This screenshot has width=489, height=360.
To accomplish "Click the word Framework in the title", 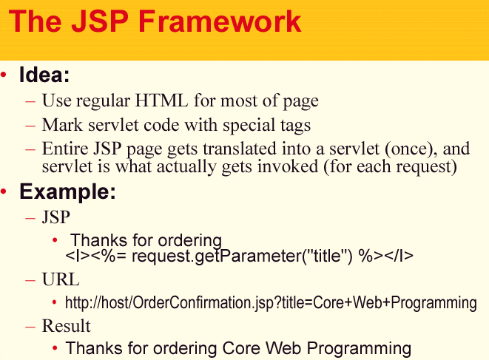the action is tap(220, 21).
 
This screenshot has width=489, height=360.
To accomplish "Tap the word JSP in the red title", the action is tap(100, 21).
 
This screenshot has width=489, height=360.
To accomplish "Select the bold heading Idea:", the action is tap(44, 75).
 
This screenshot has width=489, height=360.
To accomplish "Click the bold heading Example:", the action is tap(67, 191).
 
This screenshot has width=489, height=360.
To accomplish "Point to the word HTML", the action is tap(161, 101).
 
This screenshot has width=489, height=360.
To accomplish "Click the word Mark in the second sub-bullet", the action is tap(62, 125).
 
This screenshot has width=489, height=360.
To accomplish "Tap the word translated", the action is tap(240, 149).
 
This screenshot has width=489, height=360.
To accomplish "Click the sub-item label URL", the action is tap(61, 279).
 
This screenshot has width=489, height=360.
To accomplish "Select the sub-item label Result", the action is tap(66, 326).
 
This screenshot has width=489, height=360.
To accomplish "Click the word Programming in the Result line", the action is tap(359, 348).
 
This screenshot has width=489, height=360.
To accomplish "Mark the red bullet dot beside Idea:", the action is tap(4, 75).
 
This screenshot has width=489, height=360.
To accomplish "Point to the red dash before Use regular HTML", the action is tap(30, 101).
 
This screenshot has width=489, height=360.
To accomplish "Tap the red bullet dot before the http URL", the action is tap(54, 302).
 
